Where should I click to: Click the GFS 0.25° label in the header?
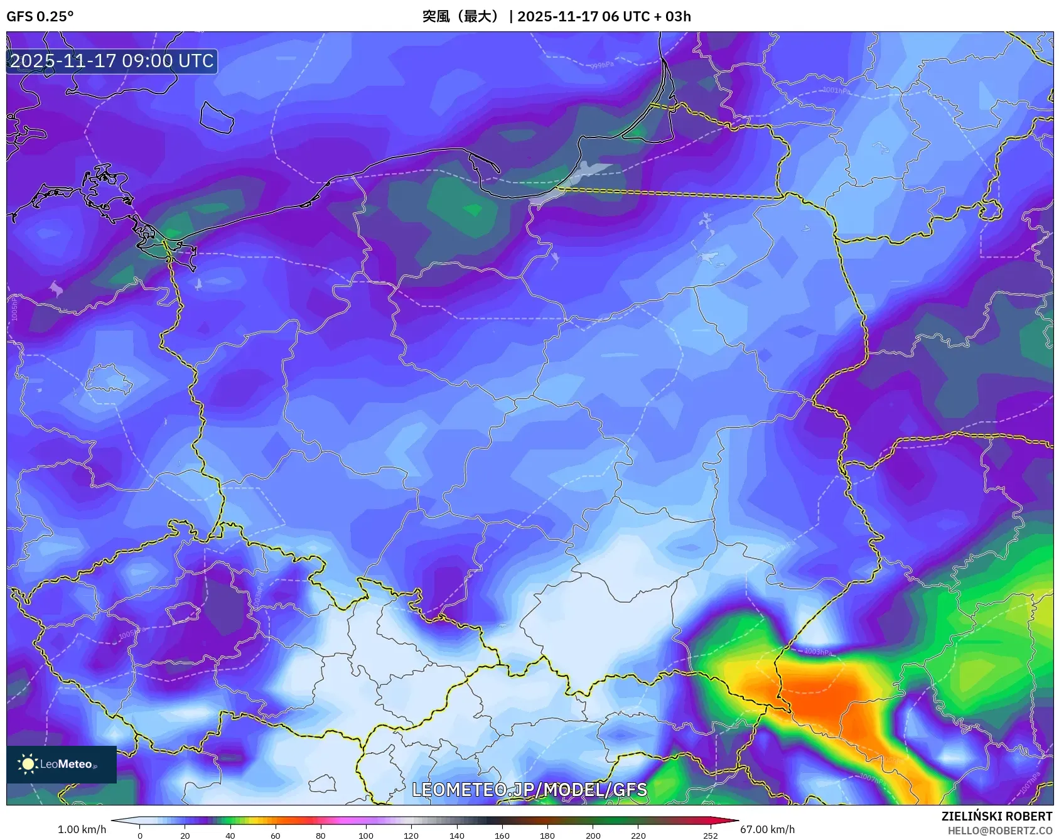[x=40, y=16]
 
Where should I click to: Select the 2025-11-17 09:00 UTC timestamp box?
[x=112, y=61]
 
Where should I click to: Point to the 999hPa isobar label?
[x=602, y=65]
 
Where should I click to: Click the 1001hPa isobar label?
[x=836, y=90]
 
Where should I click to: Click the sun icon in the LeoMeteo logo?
[x=28, y=763]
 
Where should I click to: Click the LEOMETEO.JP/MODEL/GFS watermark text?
[x=529, y=789]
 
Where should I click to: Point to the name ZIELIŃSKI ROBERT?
[x=996, y=816]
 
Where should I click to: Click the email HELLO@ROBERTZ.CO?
[x=999, y=831]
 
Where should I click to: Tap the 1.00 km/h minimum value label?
[x=82, y=829]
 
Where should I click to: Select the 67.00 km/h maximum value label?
[x=767, y=829]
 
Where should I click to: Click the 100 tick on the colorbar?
[x=366, y=835]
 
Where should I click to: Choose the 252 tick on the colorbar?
[x=710, y=835]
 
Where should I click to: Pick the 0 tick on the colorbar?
[x=140, y=835]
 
